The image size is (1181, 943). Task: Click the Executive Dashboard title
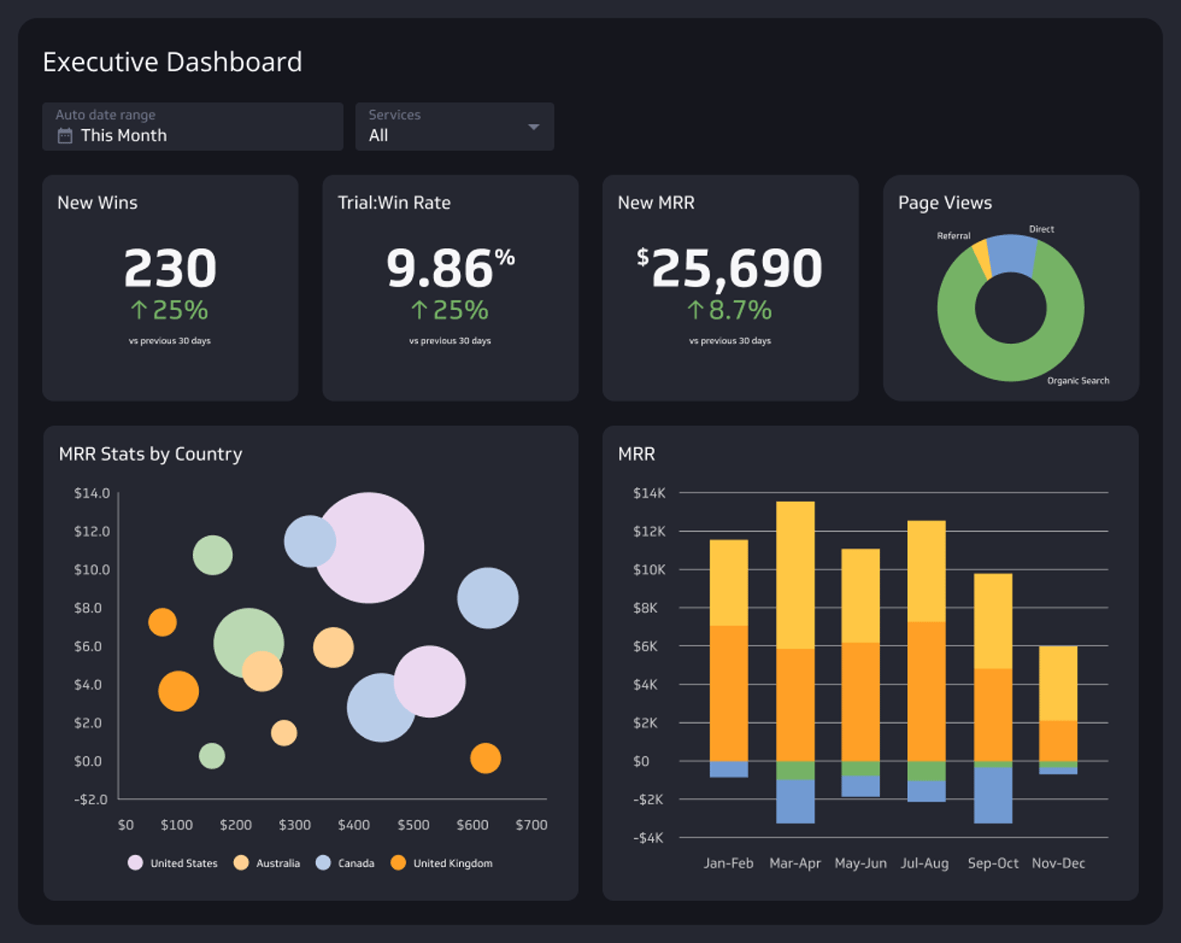tap(172, 62)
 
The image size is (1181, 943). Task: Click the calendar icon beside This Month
tap(65, 135)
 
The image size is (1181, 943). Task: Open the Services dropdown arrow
tap(533, 127)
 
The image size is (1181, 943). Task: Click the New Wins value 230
tap(170, 268)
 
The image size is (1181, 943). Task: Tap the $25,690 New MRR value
tap(730, 268)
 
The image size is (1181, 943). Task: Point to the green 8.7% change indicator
tap(730, 310)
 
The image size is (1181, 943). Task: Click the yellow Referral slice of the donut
tap(982, 258)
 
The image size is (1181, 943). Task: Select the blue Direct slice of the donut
tap(1013, 254)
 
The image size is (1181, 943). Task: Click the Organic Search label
tap(1078, 381)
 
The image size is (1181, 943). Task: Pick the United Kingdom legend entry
tap(452, 864)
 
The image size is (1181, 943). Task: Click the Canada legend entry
tap(355, 864)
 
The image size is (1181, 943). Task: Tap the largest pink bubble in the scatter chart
tap(369, 547)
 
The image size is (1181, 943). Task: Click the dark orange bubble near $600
tap(485, 758)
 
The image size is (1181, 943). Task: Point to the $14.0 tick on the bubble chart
tap(92, 493)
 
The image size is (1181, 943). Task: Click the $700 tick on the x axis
tap(531, 825)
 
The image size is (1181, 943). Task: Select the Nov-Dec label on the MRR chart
tap(1058, 864)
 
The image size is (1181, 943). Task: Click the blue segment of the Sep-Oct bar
tap(992, 795)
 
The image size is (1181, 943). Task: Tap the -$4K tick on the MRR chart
tap(648, 838)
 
